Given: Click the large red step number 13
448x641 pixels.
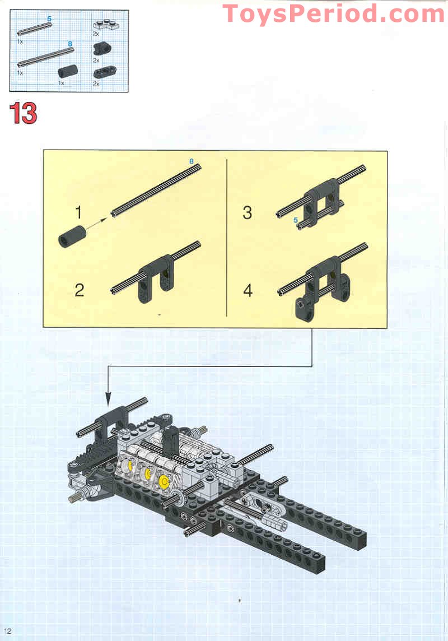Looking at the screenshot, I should coord(23,114).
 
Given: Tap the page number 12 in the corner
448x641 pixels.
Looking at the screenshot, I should coord(7,631).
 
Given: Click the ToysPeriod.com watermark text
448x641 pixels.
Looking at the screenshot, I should coord(334,13).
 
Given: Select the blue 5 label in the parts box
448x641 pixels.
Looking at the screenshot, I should coord(49,19).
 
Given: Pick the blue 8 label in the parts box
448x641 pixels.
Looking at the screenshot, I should coord(69,43).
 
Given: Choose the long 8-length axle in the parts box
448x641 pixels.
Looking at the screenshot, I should coord(46,56).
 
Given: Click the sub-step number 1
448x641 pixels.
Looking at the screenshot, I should coord(79,213).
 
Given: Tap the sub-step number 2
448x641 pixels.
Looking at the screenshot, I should coord(79,290).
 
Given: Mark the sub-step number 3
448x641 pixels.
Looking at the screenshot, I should coord(247,213).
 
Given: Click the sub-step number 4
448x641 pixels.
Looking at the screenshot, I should coord(247,291).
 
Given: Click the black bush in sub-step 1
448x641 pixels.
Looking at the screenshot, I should coord(71,235).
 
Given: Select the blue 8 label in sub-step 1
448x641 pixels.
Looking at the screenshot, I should coord(191,161).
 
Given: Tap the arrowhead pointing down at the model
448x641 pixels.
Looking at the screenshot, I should coord(108,400).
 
